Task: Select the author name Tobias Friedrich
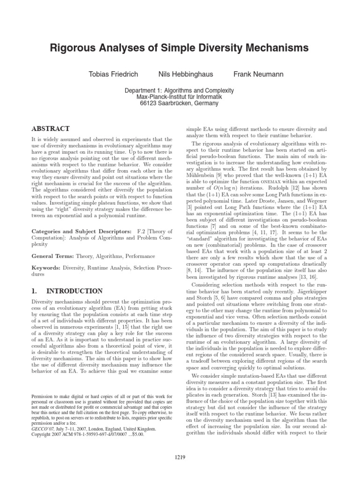[x=111, y=75]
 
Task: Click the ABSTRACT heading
[x=50, y=128]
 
